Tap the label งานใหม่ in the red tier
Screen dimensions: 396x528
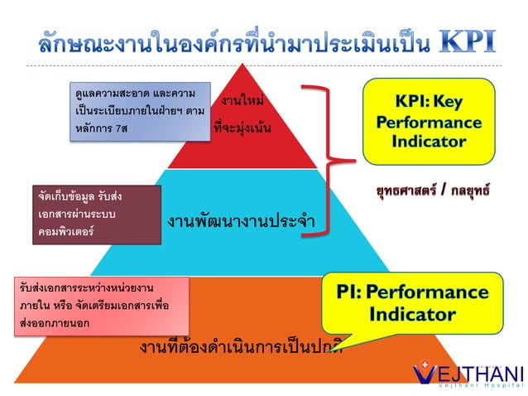coord(242,101)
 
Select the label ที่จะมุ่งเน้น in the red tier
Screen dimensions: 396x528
coord(242,129)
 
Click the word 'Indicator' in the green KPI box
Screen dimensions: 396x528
coord(429,140)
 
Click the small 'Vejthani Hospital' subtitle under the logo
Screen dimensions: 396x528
coord(481,385)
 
